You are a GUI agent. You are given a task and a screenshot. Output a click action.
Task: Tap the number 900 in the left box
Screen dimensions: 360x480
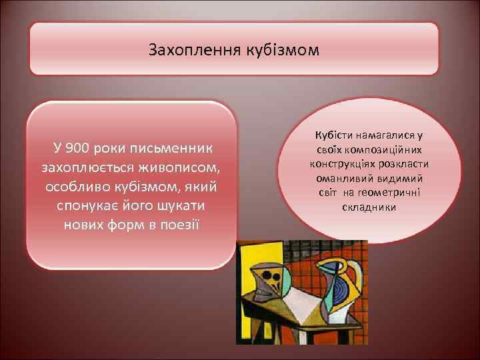78,147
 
